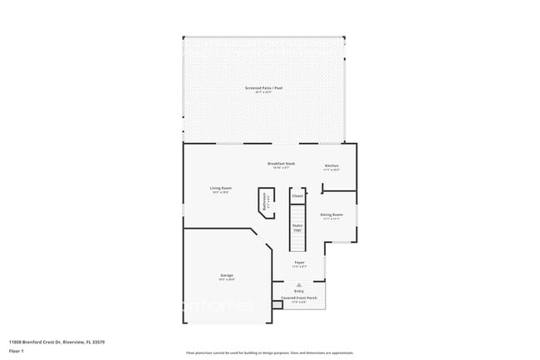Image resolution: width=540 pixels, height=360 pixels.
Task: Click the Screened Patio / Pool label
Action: (x=263, y=87)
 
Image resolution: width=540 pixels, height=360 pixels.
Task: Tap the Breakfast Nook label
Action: (x=281, y=164)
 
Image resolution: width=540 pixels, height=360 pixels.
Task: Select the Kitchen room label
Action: (x=331, y=166)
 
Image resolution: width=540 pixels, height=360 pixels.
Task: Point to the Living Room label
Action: (x=220, y=188)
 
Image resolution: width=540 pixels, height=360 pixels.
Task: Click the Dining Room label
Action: (x=331, y=215)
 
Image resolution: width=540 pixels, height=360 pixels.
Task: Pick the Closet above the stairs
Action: (x=297, y=196)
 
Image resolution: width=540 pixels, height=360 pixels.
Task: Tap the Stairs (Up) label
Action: (x=297, y=226)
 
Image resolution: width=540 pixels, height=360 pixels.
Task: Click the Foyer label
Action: (x=299, y=263)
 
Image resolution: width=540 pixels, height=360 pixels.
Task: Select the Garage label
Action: (x=227, y=275)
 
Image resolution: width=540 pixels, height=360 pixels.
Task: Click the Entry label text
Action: (x=299, y=291)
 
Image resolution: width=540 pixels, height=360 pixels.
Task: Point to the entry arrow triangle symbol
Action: (x=299, y=284)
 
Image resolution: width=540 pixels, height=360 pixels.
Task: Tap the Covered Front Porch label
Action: (x=299, y=298)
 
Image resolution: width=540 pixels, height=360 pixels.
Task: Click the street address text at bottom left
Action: (x=56, y=342)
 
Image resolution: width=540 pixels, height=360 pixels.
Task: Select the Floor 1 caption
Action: (x=16, y=351)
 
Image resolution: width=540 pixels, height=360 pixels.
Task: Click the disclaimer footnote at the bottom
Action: (x=269, y=353)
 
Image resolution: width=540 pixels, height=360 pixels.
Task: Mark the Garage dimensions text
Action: (x=227, y=279)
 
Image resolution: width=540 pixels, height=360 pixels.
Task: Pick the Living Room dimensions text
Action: (x=220, y=192)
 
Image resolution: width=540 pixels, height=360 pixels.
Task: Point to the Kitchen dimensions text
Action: (x=331, y=170)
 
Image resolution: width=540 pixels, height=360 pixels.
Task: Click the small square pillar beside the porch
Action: (x=277, y=303)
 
